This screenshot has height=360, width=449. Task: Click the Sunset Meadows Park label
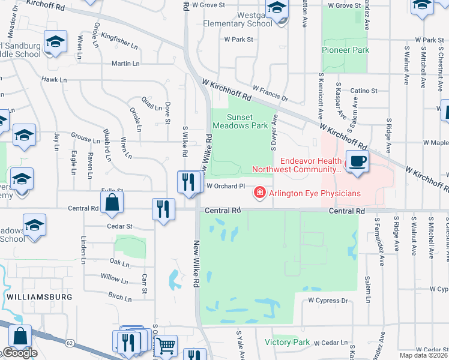(x=247, y=121)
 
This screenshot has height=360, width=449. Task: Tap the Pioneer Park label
(x=345, y=50)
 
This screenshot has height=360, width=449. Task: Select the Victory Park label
(x=287, y=342)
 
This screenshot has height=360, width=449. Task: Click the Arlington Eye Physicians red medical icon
(x=260, y=193)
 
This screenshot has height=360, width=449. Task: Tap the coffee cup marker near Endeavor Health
(x=357, y=161)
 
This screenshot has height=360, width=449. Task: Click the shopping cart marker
(x=165, y=345)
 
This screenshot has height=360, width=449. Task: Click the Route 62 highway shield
(x=70, y=343)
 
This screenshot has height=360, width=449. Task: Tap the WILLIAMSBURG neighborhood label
(x=40, y=297)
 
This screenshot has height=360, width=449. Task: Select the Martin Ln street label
(x=125, y=63)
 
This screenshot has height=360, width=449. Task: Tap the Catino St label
(x=364, y=91)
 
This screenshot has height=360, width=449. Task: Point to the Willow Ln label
(x=110, y=278)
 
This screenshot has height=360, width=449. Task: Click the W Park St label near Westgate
(x=239, y=40)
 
